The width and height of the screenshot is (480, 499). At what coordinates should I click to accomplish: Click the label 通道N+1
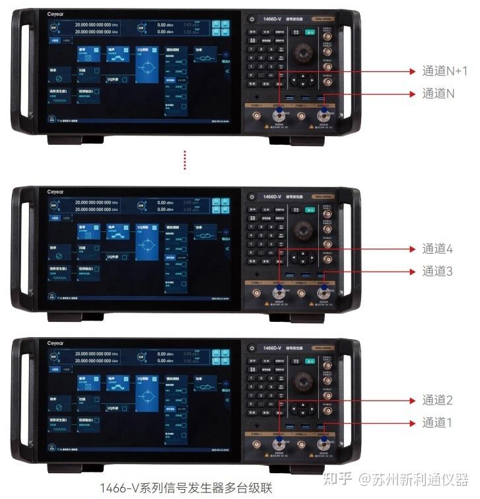(x=444, y=71)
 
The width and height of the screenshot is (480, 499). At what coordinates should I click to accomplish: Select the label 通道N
(x=438, y=94)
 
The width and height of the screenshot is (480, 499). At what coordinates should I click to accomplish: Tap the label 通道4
(x=437, y=249)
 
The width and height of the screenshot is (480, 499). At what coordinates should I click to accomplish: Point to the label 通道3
(x=437, y=272)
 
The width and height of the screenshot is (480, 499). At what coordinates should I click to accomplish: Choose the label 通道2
(x=437, y=401)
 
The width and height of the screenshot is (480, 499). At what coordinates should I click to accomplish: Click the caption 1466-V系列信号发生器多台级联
(x=186, y=488)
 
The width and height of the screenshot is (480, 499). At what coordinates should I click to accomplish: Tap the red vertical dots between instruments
(x=186, y=160)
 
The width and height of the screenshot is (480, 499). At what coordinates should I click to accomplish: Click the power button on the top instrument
(x=252, y=19)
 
